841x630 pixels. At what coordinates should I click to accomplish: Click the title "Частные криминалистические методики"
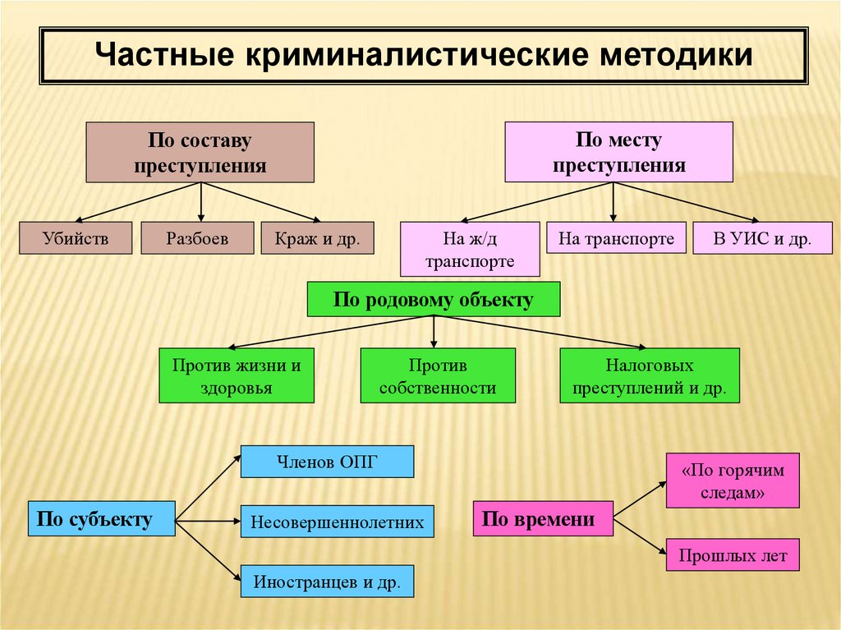pyautogui.click(x=424, y=56)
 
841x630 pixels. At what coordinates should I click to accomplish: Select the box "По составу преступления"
pyautogui.click(x=200, y=152)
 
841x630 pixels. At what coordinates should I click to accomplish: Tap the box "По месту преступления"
pyautogui.click(x=618, y=152)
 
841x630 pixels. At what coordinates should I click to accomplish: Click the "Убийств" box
pyautogui.click(x=76, y=238)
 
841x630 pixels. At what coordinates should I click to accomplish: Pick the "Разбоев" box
pyautogui.click(x=197, y=238)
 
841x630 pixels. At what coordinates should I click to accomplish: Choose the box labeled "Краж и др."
pyautogui.click(x=317, y=238)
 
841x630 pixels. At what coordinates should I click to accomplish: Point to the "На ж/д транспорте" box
pyautogui.click(x=470, y=250)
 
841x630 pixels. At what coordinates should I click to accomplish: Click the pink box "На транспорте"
pyautogui.click(x=616, y=238)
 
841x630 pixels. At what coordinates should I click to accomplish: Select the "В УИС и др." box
pyautogui.click(x=762, y=239)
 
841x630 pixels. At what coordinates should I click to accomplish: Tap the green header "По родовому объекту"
pyautogui.click(x=433, y=300)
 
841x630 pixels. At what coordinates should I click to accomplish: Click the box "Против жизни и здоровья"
pyautogui.click(x=237, y=375)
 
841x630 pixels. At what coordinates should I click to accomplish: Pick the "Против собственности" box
pyautogui.click(x=438, y=375)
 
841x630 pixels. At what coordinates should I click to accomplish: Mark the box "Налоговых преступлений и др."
pyautogui.click(x=650, y=375)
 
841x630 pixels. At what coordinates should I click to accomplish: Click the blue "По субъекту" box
pyautogui.click(x=101, y=518)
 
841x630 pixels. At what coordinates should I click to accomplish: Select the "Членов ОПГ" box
pyautogui.click(x=327, y=461)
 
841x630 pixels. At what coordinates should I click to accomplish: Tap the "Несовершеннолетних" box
pyautogui.click(x=337, y=522)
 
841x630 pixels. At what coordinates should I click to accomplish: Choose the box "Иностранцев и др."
pyautogui.click(x=327, y=582)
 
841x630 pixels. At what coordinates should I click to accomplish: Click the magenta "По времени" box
pyautogui.click(x=543, y=518)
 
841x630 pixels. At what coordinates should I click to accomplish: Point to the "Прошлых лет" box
pyautogui.click(x=733, y=555)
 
